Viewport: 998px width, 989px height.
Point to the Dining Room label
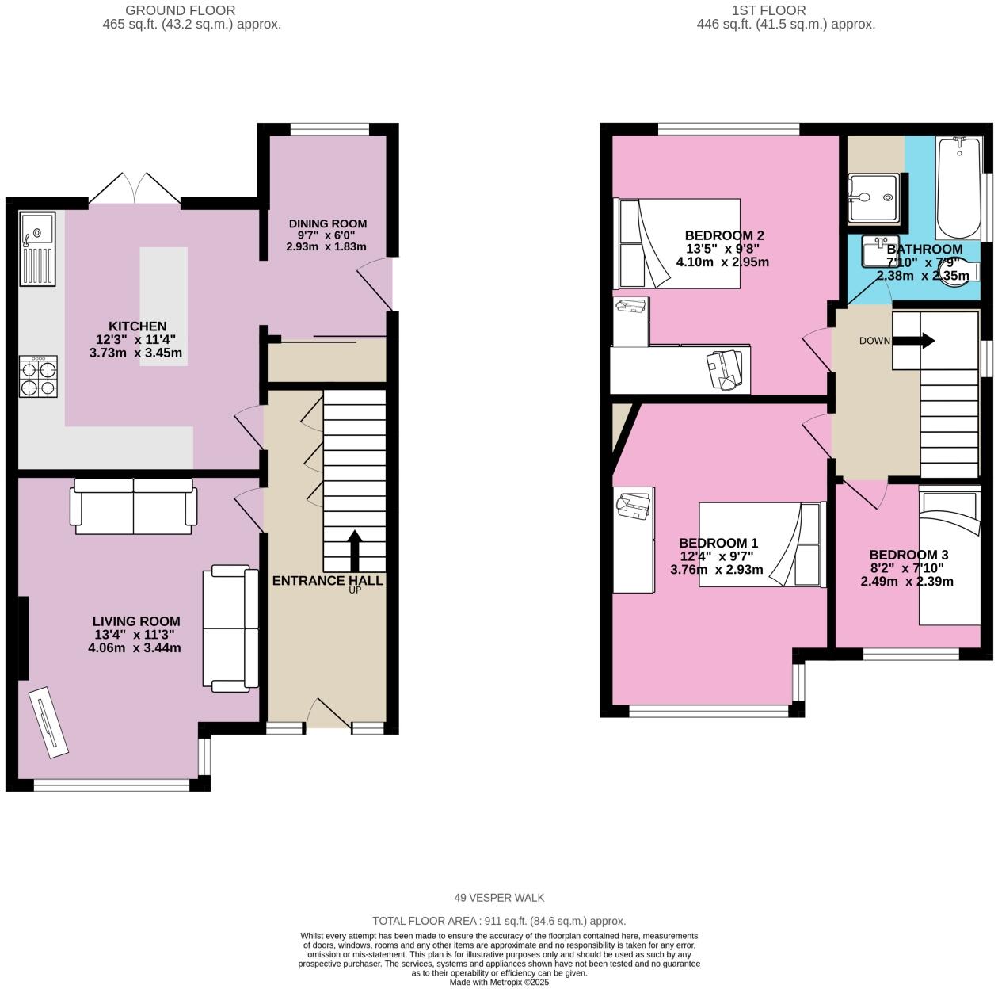327,223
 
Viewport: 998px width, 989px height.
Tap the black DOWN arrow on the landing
917,341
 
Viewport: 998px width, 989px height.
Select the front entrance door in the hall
329,713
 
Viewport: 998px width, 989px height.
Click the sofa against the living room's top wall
134,506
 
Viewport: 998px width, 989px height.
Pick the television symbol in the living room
48,720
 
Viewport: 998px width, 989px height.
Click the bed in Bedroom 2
678,242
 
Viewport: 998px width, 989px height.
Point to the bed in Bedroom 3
949,559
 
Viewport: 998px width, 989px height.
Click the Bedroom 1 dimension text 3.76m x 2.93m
717,569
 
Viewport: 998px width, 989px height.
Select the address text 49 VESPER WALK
499,898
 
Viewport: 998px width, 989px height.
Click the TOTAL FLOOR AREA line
499,921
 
